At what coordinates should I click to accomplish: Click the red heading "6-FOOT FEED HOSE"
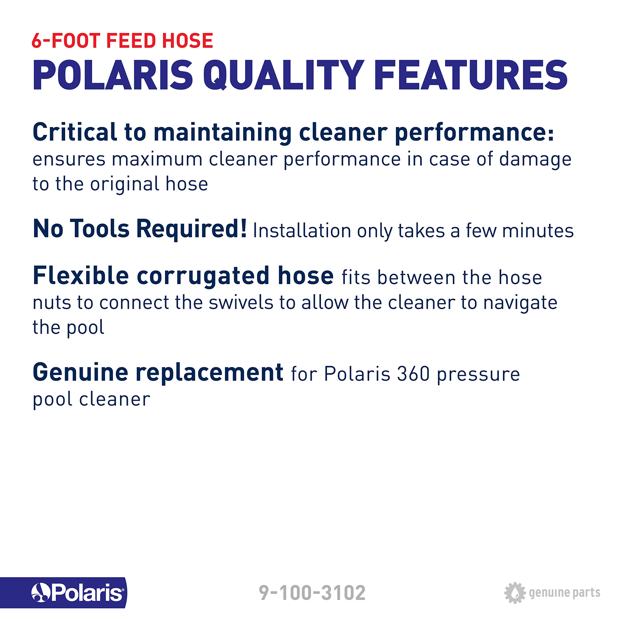click(x=122, y=41)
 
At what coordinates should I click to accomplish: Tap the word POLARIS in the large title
click(x=113, y=75)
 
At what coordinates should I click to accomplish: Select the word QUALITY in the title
click(x=283, y=75)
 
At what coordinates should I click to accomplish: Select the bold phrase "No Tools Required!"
click(x=140, y=229)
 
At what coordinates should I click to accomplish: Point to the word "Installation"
click(x=302, y=231)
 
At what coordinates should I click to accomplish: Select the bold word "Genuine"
click(x=80, y=372)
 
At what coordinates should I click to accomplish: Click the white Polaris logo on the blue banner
click(x=77, y=593)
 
